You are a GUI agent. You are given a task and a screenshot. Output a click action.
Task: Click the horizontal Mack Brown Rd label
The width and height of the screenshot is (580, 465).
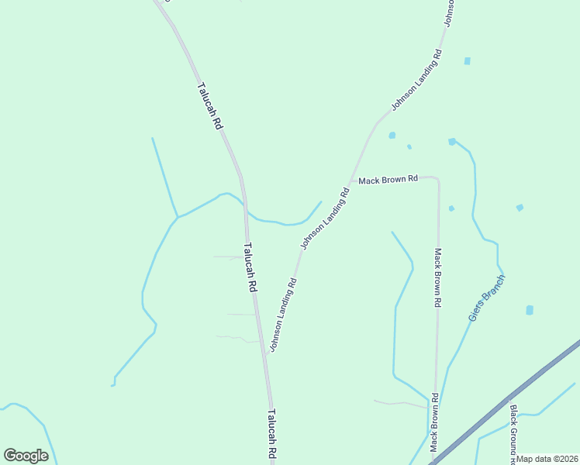pos(388,179)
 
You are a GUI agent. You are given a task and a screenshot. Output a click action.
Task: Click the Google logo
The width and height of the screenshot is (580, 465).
pos(26,456)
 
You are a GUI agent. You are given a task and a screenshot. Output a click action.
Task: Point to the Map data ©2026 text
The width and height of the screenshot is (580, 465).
pos(547,459)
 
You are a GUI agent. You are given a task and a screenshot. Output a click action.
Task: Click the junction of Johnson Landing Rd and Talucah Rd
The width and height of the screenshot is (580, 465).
pos(265,354)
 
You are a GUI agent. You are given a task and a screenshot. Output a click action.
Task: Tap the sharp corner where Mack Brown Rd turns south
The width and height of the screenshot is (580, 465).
pos(438,180)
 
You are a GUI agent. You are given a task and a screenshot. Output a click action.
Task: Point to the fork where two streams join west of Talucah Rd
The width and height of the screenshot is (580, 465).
pos(178,217)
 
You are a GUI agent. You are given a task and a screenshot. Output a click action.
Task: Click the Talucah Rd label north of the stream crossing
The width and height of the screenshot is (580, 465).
pos(210,105)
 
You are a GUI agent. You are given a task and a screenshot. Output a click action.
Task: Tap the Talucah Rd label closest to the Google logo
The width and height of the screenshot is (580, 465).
pos(273,437)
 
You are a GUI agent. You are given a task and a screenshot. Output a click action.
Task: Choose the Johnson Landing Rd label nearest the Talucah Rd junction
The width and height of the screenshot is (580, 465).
pos(283,314)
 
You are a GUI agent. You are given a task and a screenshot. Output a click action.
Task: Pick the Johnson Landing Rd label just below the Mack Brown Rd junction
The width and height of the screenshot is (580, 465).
pos(326,219)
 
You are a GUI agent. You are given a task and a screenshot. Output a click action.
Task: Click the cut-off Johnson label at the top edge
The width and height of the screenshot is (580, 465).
pos(448,12)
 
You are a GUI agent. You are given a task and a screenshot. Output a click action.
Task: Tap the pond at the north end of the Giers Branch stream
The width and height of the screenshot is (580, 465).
pos(451,142)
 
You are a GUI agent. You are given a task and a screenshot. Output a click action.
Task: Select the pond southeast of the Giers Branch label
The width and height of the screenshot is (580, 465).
pos(530,310)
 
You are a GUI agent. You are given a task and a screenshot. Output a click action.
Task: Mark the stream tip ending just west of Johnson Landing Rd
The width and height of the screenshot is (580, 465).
pos(321,201)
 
